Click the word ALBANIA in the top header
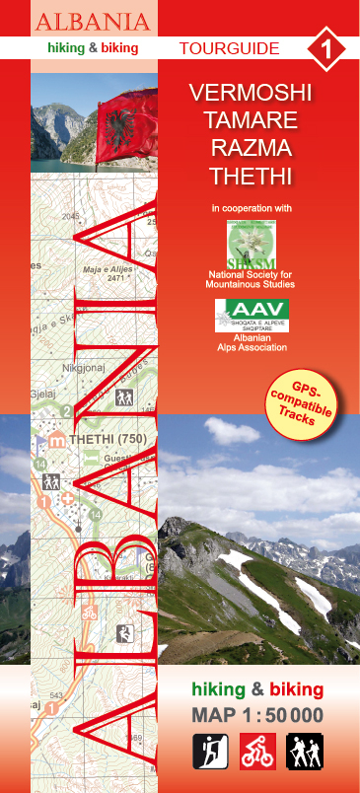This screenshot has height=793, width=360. point(94,21)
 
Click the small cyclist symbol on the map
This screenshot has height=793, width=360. point(89,613)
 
